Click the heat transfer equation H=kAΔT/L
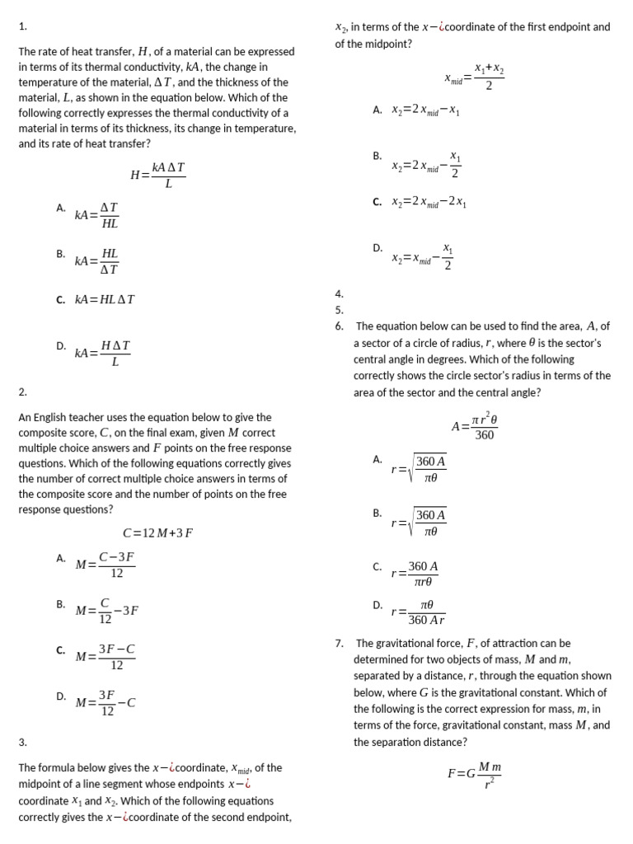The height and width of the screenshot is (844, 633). (x=158, y=174)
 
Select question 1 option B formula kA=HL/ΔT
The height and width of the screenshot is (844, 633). (x=97, y=260)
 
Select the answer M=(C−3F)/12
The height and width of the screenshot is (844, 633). (x=105, y=565)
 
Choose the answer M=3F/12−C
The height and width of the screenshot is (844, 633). (x=105, y=702)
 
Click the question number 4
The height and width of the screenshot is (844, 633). (x=339, y=293)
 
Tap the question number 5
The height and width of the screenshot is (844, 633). (x=339, y=310)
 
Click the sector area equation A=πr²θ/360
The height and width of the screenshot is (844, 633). (x=474, y=425)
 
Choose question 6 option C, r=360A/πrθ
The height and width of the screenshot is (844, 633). (x=415, y=574)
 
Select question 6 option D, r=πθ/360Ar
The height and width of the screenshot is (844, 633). (x=419, y=612)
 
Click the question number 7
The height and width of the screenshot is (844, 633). (x=340, y=643)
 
